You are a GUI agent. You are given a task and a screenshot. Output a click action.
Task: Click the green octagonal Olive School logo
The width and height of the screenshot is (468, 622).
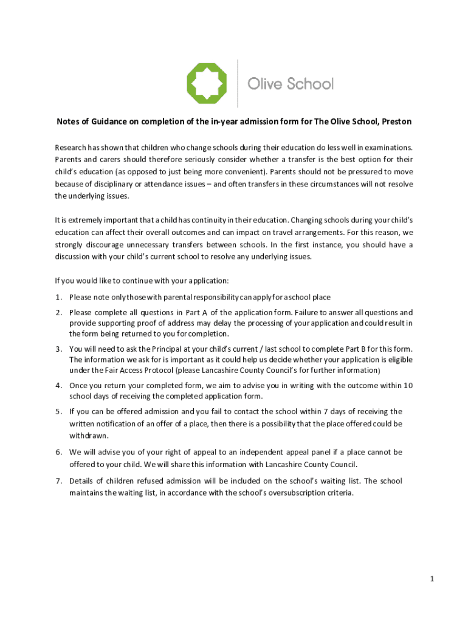[206, 83]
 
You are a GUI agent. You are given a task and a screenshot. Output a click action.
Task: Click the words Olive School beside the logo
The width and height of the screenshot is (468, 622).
[291, 84]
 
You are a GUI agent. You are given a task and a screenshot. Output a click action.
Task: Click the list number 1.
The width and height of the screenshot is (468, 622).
[58, 297]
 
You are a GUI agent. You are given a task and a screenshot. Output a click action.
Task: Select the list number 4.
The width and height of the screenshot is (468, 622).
[58, 385]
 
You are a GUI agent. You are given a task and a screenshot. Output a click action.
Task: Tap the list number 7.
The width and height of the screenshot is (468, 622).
[58, 481]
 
